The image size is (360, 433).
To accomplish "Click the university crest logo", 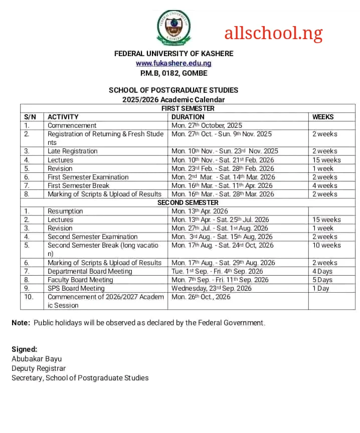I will [173, 28].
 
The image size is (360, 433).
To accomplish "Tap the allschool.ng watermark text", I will [273, 33].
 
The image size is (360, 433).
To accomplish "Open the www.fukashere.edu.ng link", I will [173, 63].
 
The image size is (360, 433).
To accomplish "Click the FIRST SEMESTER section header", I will [188, 108].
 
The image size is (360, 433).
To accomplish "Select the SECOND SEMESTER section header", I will [188, 202].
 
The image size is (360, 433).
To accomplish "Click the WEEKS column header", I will [323, 117].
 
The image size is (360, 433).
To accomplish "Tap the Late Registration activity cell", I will [73, 151].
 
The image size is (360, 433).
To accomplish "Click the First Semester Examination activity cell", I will [88, 177].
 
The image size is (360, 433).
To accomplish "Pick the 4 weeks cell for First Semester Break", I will [325, 185].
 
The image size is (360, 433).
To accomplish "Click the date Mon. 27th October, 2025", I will [207, 125].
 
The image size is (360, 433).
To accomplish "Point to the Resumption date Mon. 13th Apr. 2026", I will [200, 211].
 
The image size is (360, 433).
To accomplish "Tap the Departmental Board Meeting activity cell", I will [90, 271].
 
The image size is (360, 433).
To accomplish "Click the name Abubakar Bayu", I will [37, 359].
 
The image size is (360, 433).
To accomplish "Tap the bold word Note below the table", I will [21, 323].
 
